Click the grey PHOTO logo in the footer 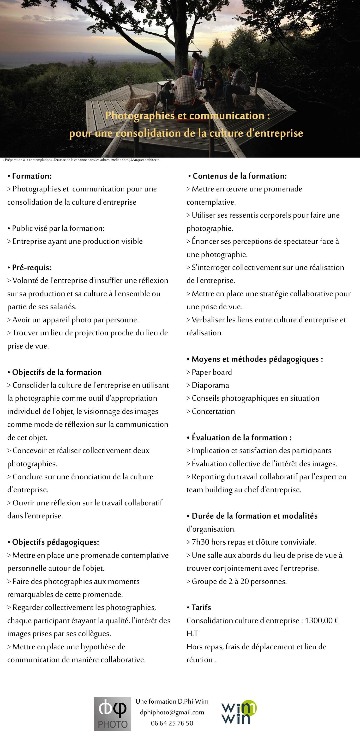click(x=113, y=714)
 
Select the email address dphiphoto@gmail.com click(x=172, y=712)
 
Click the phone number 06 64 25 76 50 click(x=172, y=723)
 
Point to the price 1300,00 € click(x=321, y=620)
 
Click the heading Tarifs click(x=201, y=607)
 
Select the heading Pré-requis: click(x=31, y=267)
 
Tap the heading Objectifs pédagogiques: click(x=55, y=542)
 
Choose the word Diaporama click(x=210, y=385)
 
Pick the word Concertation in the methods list click(x=213, y=411)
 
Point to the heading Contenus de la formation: click(x=239, y=176)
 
